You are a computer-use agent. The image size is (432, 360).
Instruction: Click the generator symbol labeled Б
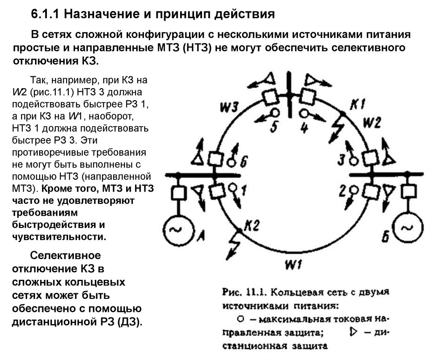point(407,228)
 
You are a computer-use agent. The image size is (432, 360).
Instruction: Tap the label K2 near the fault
point(252,226)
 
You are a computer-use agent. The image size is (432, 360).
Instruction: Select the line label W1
point(292,265)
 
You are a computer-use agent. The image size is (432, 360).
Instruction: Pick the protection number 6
point(244,162)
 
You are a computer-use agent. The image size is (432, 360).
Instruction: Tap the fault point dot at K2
point(239,230)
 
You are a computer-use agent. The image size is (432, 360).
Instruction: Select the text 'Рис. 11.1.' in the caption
point(243,292)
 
